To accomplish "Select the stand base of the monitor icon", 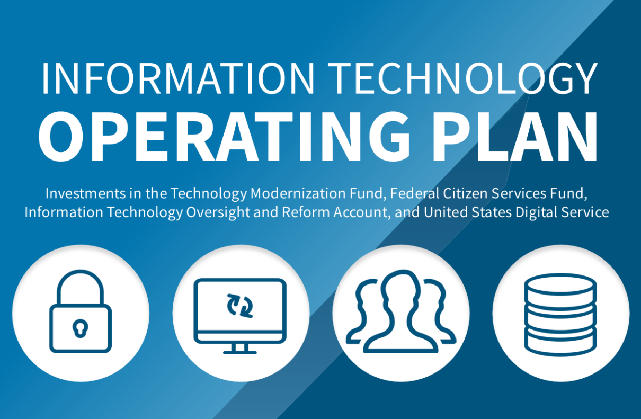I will (x=240, y=351).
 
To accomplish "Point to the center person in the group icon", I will (x=401, y=313).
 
